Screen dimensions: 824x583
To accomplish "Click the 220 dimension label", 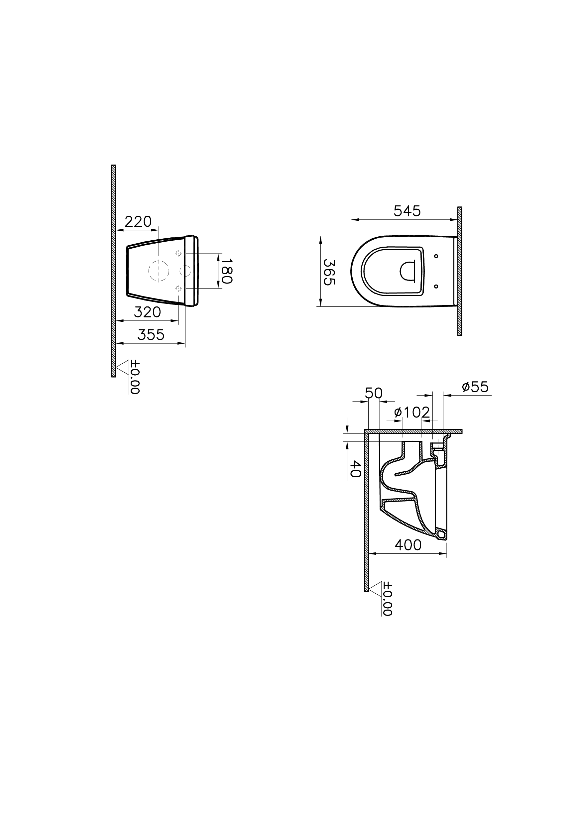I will pyautogui.click(x=138, y=222).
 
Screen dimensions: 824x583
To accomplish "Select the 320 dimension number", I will pyautogui.click(x=147, y=312).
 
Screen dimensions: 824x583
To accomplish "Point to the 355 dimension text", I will pyautogui.click(x=151, y=335).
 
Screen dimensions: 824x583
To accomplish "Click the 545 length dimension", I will pyautogui.click(x=407, y=211).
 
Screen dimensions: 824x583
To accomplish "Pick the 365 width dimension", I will pyautogui.click(x=329, y=272).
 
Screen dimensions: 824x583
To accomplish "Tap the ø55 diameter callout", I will pyautogui.click(x=475, y=387).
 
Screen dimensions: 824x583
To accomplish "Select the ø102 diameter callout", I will pyautogui.click(x=411, y=412).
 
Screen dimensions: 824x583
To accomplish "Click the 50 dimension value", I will pyautogui.click(x=374, y=394).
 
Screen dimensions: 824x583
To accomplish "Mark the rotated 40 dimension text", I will pyautogui.click(x=355, y=469).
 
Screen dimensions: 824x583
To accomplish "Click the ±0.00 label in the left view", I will pyautogui.click(x=135, y=377).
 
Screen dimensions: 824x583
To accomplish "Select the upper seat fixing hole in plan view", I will pyautogui.click(x=436, y=256).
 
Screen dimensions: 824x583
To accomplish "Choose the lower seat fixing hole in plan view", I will pyautogui.click(x=436, y=286).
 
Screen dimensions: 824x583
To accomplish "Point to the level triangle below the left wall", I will pyautogui.click(x=122, y=367).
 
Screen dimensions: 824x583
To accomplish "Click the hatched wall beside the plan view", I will pyautogui.click(x=459, y=271).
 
